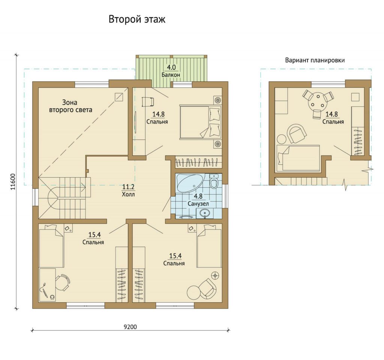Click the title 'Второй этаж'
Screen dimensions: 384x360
[x=137, y=19]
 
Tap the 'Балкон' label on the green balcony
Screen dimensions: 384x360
[x=171, y=75]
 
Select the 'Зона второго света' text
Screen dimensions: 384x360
[x=70, y=106]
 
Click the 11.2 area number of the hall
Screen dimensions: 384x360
[x=128, y=187]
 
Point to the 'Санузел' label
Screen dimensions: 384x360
[x=198, y=203]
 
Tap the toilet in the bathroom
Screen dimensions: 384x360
[x=214, y=181]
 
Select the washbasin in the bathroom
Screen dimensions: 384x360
[x=204, y=214]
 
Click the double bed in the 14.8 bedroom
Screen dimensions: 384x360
[x=200, y=122]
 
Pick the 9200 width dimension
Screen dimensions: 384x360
[x=130, y=327]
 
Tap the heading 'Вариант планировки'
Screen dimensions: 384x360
[x=315, y=60]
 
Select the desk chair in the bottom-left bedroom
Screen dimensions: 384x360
[x=63, y=282]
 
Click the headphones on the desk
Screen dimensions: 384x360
[x=52, y=297]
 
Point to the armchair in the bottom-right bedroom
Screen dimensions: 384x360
[x=208, y=288]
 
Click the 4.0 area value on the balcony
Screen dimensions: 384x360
[x=171, y=67]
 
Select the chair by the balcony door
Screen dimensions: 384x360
[x=148, y=101]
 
